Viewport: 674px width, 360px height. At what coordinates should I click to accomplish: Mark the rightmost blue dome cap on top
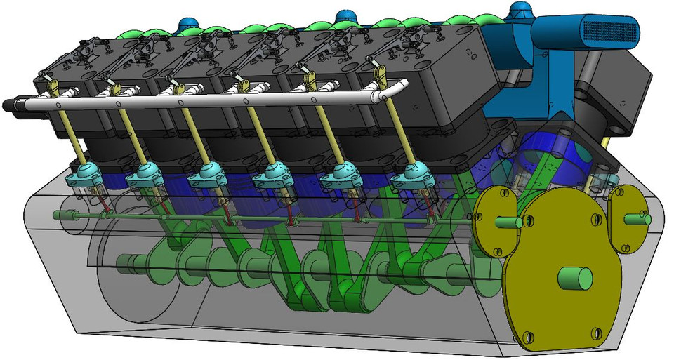(520, 10)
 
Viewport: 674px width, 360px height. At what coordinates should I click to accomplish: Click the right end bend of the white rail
(401, 85)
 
